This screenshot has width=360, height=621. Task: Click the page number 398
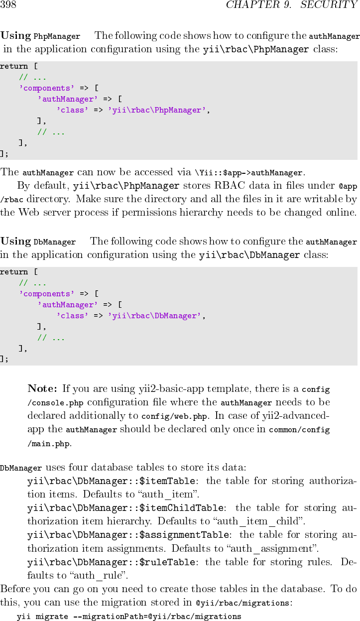click(8, 5)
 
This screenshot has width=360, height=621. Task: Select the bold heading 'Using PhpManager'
click(40, 36)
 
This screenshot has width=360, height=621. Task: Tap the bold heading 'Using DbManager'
click(38, 242)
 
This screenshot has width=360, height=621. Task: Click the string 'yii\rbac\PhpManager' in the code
click(156, 110)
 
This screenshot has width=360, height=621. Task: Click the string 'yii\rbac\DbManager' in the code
click(154, 316)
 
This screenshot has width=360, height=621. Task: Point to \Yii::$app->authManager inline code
click(249, 173)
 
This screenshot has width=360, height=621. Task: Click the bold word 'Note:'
click(43, 388)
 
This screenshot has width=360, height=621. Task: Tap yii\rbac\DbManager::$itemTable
click(111, 481)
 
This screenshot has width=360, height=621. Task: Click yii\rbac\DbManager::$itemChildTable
click(125, 508)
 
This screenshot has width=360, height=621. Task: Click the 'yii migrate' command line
click(129, 617)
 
